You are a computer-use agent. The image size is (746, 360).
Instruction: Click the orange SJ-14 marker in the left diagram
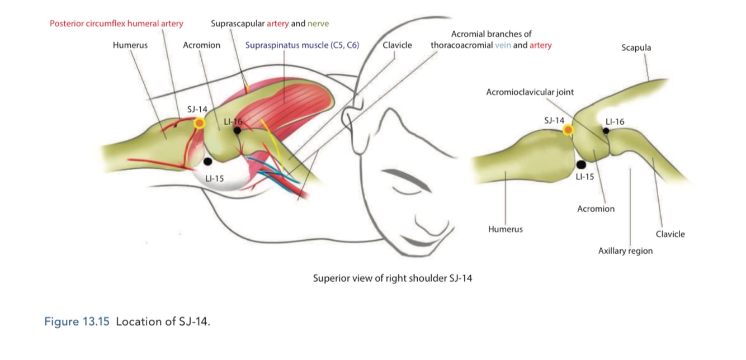pos(199,123)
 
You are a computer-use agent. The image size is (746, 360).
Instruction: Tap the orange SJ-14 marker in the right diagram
pos(568,130)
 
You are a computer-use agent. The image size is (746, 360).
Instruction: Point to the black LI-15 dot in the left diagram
pos(208,162)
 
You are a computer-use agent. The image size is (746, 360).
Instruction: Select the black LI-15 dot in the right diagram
pos(581,164)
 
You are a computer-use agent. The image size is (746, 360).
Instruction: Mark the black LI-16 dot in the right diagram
pos(606,131)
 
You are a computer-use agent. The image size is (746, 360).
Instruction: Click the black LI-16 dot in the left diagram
pos(237,131)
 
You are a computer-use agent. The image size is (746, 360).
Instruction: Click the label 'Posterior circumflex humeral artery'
pos(116,24)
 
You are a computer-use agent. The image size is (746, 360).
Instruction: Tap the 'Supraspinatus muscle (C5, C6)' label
pos(302,45)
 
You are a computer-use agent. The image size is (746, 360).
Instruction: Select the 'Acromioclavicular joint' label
pos(530,92)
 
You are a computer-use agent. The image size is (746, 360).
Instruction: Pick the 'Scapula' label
pos(636,48)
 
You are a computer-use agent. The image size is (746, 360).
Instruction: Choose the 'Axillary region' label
pos(625,251)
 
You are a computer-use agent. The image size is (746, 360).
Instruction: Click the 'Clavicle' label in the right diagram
pos(670,234)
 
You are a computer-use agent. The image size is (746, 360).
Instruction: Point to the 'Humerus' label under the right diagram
pos(505,229)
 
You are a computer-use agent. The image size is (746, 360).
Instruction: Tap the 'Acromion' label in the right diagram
pos(596,209)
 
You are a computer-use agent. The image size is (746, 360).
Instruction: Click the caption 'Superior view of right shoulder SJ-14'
pos(392,278)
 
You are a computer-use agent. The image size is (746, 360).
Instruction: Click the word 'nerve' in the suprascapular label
pos(318,24)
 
